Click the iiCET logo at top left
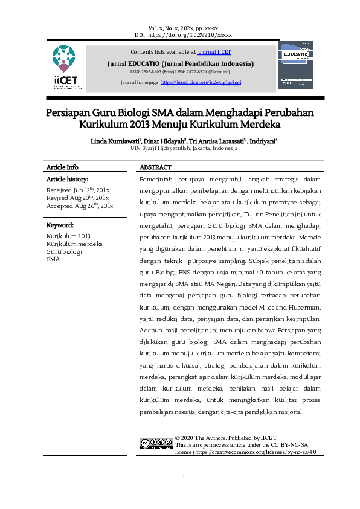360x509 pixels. (65, 67)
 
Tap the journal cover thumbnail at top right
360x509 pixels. (295, 65)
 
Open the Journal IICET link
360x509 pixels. (214, 52)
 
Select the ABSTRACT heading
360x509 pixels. (155, 167)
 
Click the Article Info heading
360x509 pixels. (62, 167)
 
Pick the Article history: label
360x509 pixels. (67, 180)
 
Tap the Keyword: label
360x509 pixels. (60, 225)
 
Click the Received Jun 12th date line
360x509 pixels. (77, 190)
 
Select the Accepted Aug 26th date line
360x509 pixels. (79, 206)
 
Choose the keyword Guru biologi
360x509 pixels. (64, 251)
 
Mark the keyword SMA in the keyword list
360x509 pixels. (53, 259)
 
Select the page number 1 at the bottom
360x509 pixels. (184, 479)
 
